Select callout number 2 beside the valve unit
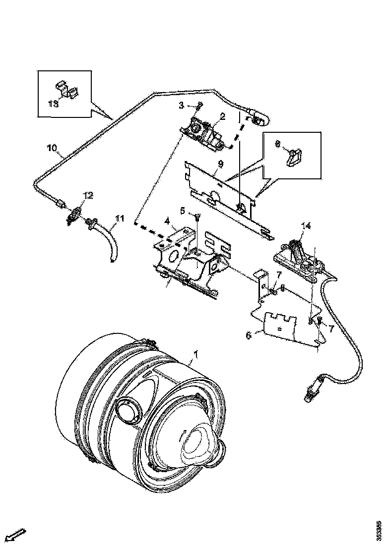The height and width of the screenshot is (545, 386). [x=223, y=116]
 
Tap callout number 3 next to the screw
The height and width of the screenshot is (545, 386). [x=182, y=105]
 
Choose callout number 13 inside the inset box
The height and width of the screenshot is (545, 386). [x=53, y=103]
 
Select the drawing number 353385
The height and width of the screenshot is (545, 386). [x=380, y=530]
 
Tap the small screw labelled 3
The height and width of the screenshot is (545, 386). [x=199, y=105]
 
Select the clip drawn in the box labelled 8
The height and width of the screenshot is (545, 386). [x=296, y=156]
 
